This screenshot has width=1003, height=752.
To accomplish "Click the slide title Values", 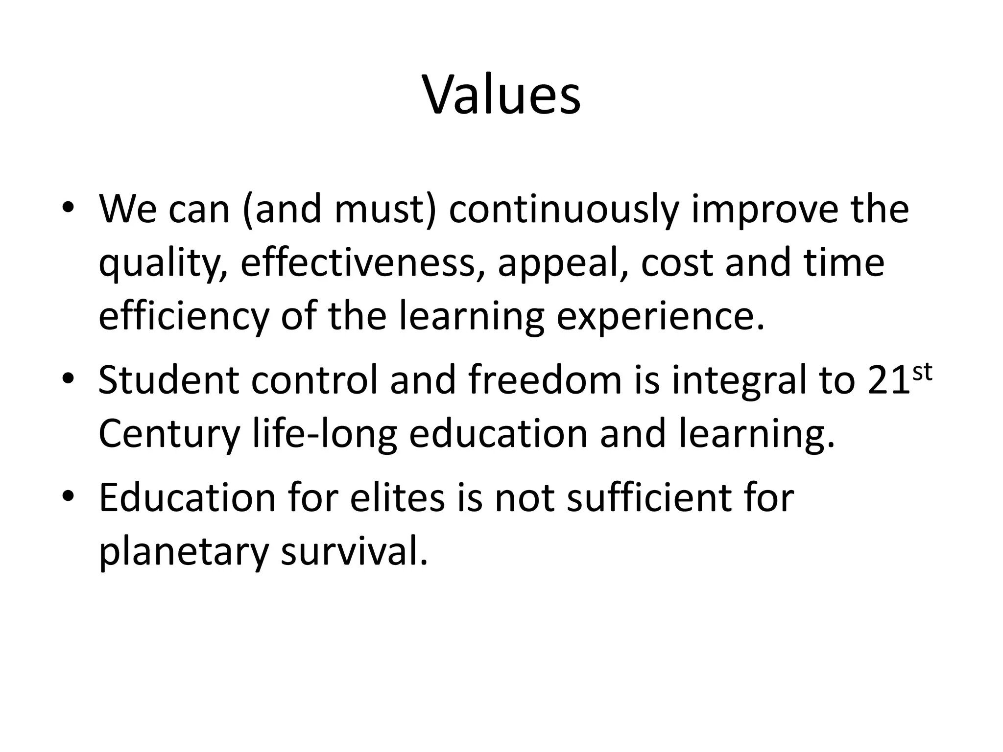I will (501, 95).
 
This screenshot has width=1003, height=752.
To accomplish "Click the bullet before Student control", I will (68, 381).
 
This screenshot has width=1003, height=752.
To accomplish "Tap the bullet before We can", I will (68, 210).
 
